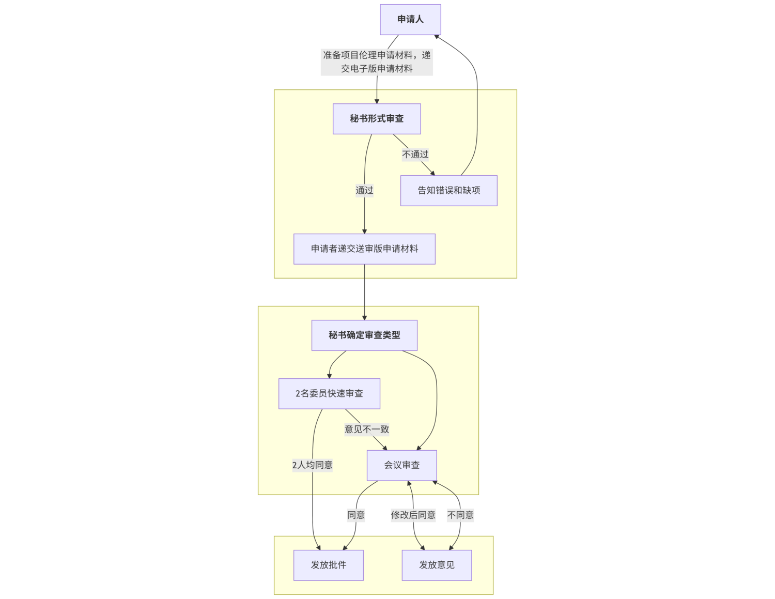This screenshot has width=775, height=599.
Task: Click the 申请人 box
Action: [x=410, y=20]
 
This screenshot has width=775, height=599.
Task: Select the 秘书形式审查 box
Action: [x=377, y=119]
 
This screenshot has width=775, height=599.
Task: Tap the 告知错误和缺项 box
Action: [x=448, y=191]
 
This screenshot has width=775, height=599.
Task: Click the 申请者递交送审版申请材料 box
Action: [x=364, y=249]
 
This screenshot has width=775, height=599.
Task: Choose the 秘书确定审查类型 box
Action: [x=364, y=335]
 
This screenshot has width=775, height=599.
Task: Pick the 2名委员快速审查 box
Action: [x=329, y=394]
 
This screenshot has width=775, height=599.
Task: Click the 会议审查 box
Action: [x=401, y=465]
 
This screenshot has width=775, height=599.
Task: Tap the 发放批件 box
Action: [x=328, y=565]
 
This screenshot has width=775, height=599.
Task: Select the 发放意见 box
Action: [x=437, y=565]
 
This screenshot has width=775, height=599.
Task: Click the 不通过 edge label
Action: [x=415, y=155]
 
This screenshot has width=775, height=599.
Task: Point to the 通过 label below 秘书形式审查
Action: [x=364, y=191]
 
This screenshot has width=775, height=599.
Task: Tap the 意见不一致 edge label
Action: [x=367, y=429]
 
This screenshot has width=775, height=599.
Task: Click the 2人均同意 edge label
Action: [x=312, y=465]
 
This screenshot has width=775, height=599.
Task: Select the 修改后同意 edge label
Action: [x=413, y=515]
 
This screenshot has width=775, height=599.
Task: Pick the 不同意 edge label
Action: [x=460, y=515]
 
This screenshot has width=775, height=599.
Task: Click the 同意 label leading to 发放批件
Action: [x=356, y=515]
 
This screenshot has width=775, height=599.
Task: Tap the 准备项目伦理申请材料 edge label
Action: [x=377, y=62]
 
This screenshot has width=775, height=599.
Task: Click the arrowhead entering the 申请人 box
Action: [x=437, y=37]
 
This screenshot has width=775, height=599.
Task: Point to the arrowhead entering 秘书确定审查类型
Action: [x=364, y=317]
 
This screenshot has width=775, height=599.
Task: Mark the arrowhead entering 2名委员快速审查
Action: [x=329, y=376]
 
